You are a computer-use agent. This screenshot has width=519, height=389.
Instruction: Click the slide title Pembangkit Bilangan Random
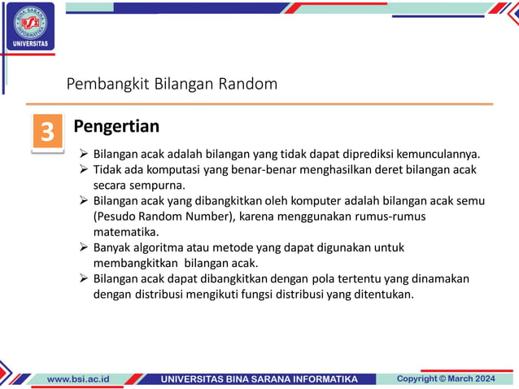pyautogui.click(x=172, y=84)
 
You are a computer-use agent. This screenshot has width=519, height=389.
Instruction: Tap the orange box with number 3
pyautogui.click(x=47, y=131)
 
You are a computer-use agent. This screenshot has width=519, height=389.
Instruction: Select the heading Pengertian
pyautogui.click(x=116, y=127)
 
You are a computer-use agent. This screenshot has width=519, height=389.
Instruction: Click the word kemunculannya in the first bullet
pyautogui.click(x=439, y=153)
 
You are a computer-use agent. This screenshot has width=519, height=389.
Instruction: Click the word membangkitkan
pyautogui.click(x=133, y=263)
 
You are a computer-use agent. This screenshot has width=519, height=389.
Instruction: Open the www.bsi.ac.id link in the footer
pyautogui.click(x=79, y=379)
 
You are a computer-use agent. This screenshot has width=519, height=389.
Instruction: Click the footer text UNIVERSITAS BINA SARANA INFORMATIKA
pyautogui.click(x=259, y=379)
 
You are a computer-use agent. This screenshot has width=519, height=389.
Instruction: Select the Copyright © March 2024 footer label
pyautogui.click(x=445, y=379)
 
